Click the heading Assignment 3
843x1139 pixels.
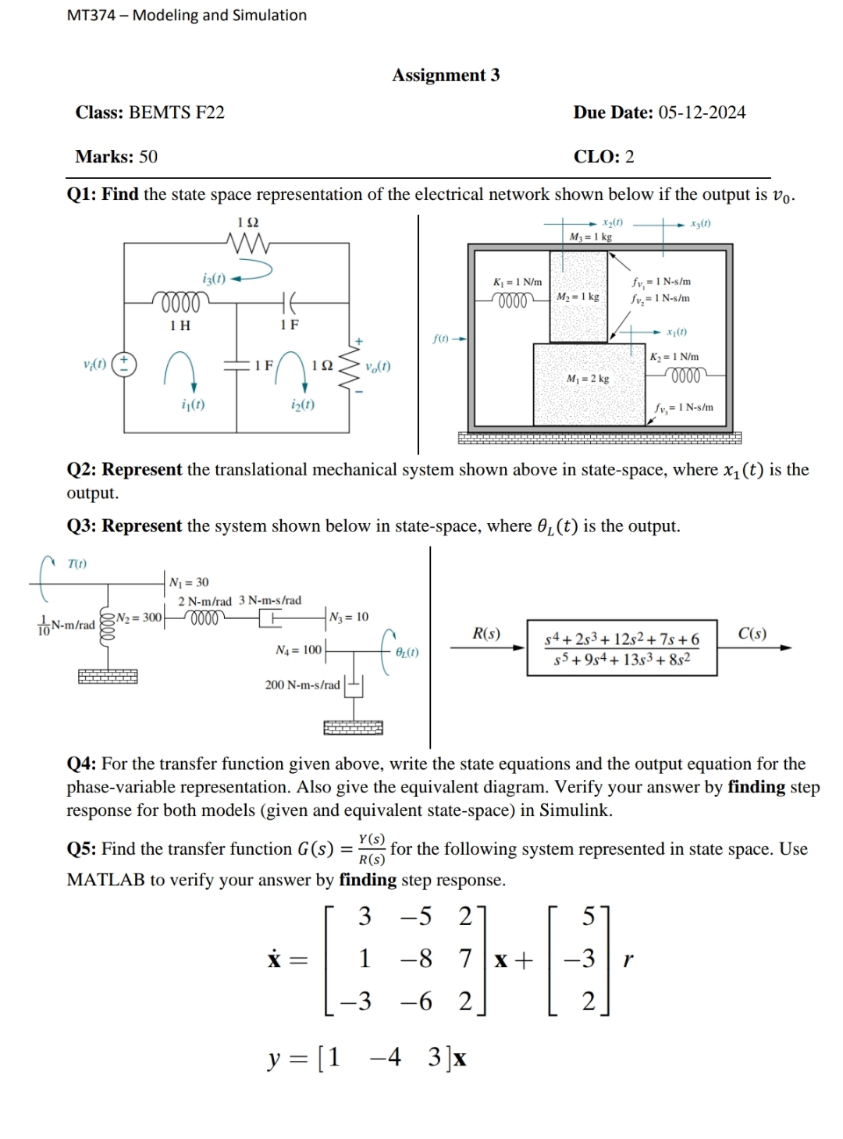pos(446,75)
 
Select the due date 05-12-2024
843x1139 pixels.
pos(702,112)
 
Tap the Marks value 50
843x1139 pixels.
pos(148,157)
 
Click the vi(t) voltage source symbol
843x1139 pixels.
pos(125,364)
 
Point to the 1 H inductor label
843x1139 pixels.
pos(180,326)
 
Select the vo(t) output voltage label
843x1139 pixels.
pos(378,366)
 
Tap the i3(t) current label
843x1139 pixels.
pos(213,278)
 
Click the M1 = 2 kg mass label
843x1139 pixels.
pos(589,379)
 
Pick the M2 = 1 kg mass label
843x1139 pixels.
pos(578,297)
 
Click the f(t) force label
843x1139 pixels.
pos(441,339)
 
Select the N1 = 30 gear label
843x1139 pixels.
pos(190,582)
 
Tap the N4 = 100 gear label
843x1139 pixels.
pos(298,650)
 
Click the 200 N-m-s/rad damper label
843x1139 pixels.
pos(302,685)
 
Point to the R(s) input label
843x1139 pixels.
pos(487,633)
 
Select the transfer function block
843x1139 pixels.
pos(622,648)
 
